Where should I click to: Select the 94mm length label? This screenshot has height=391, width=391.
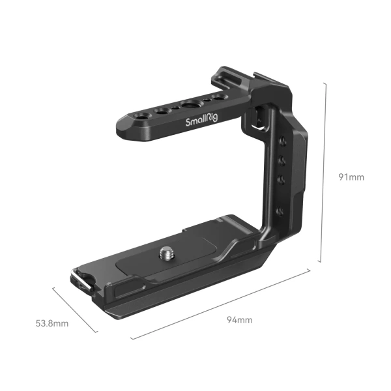(x=239, y=319)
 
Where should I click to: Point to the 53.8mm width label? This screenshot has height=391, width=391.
(x=52, y=322)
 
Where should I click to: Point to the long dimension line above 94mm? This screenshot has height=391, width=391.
(x=222, y=305)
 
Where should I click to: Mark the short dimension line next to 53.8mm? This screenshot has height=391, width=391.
(x=75, y=310)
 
